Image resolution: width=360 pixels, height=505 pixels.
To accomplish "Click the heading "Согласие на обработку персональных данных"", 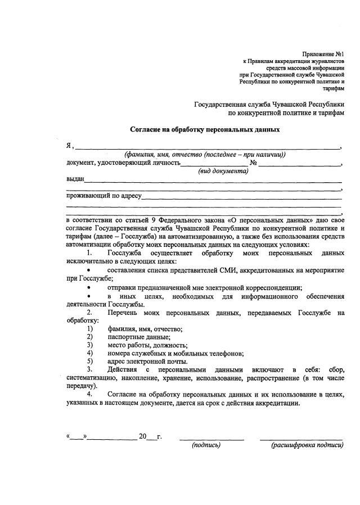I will click(205, 129).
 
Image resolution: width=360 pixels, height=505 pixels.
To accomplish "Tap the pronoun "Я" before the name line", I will click(69, 146).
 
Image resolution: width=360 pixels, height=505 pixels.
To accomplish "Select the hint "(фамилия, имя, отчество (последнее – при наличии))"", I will click(205, 155).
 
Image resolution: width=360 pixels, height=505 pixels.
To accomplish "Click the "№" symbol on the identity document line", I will click(253, 164).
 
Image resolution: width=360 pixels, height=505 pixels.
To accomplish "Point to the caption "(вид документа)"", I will click(223, 172).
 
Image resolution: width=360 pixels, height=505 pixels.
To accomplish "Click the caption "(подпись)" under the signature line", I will click(206, 445).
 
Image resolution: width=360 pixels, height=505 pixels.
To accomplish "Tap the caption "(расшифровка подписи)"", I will click(307, 445).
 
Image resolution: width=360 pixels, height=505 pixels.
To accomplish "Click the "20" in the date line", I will click(143, 436).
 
